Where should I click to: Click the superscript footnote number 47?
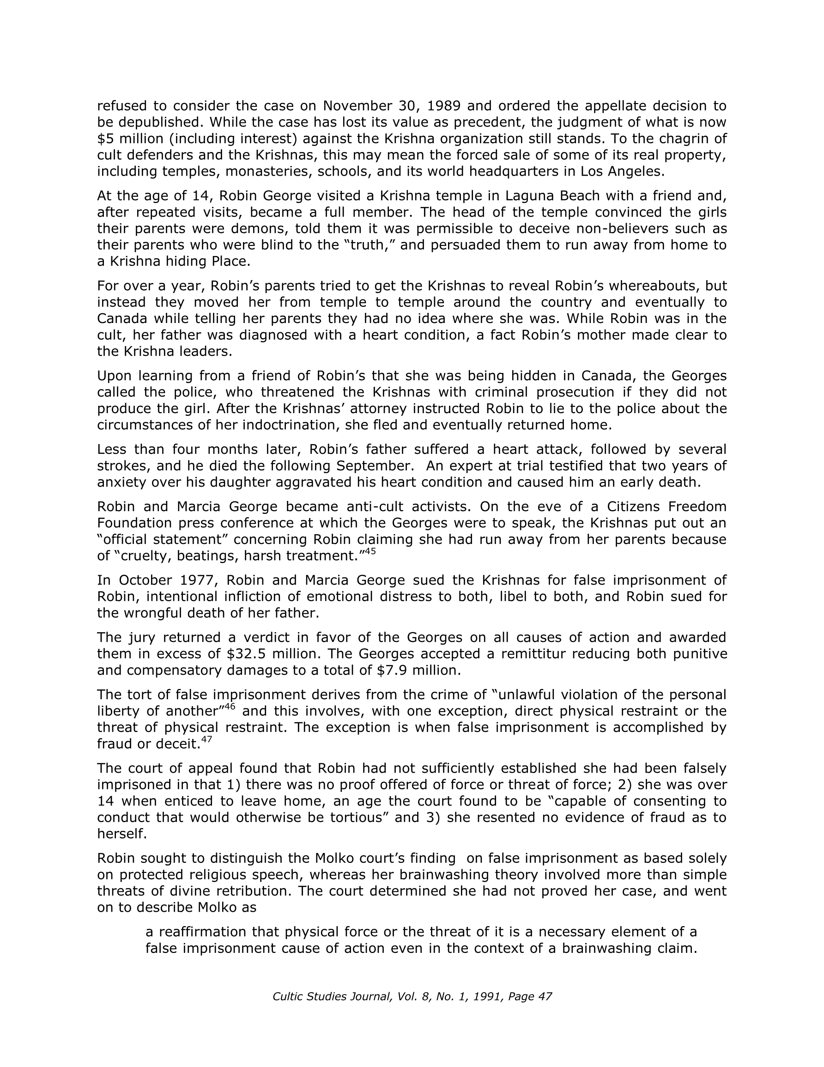tap(206, 739)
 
